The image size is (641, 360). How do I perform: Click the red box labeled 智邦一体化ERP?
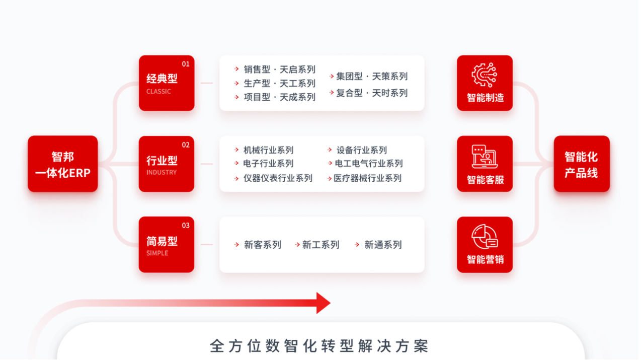[63, 164]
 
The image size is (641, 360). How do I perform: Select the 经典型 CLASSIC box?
[167, 83]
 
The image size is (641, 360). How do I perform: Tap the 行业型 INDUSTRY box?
[167, 164]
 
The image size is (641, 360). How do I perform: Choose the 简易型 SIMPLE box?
[167, 245]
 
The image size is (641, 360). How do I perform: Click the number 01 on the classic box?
[186, 64]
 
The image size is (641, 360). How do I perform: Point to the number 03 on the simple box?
[186, 225]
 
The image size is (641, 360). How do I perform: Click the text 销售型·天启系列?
[279, 69]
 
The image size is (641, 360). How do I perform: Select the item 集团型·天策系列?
[372, 77]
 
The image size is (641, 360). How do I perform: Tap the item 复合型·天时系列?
[372, 93]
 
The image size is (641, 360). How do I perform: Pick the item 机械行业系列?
[268, 150]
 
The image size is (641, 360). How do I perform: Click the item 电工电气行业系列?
[369, 164]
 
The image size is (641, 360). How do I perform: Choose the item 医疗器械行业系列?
[367, 178]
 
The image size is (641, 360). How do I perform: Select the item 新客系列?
[262, 245]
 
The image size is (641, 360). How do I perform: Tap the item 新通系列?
[383, 245]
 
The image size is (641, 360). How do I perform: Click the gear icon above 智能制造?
[484, 76]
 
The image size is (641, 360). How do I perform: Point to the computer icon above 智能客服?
[484, 157]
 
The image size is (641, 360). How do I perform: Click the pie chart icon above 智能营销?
[484, 237]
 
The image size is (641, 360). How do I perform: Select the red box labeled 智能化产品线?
[582, 164]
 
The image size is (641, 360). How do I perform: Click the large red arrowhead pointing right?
[323, 303]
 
